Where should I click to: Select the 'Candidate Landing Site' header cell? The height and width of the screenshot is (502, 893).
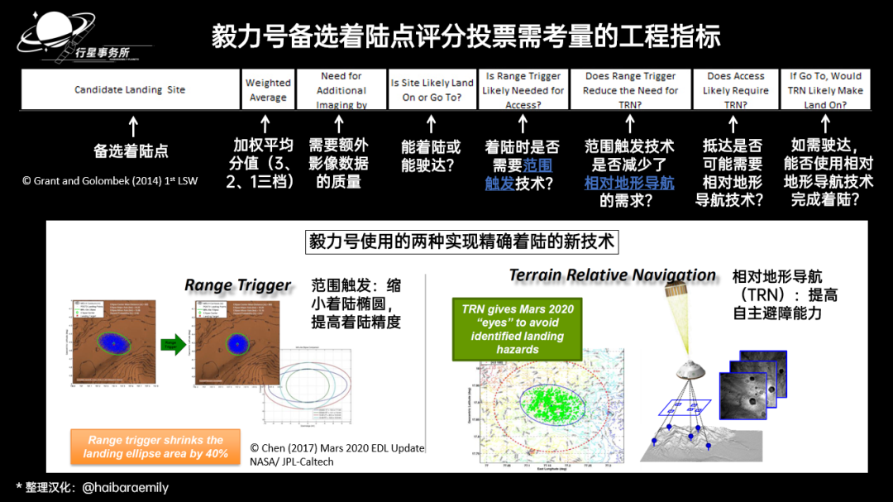(x=130, y=89)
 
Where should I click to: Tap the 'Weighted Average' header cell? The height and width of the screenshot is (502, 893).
(x=268, y=90)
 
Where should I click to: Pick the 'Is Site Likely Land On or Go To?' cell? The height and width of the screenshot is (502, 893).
(x=432, y=90)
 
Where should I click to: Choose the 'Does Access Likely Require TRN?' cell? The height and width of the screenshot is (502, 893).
(x=735, y=90)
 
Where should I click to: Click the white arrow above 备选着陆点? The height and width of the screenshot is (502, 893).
(x=133, y=127)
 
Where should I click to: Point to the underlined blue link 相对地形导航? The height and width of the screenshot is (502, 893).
(x=628, y=182)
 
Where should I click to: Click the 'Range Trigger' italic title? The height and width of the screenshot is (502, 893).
(x=238, y=285)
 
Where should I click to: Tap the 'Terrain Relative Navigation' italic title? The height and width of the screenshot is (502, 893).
(x=612, y=275)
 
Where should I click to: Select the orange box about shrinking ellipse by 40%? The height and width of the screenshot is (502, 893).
(x=155, y=447)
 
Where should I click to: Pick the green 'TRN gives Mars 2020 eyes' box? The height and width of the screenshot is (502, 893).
(x=517, y=329)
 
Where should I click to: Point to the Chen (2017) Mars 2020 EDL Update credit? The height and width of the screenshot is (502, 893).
(x=337, y=454)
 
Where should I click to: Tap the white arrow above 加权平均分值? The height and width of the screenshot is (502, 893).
(x=265, y=126)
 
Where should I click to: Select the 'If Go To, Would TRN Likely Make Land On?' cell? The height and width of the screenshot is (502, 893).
(x=825, y=90)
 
